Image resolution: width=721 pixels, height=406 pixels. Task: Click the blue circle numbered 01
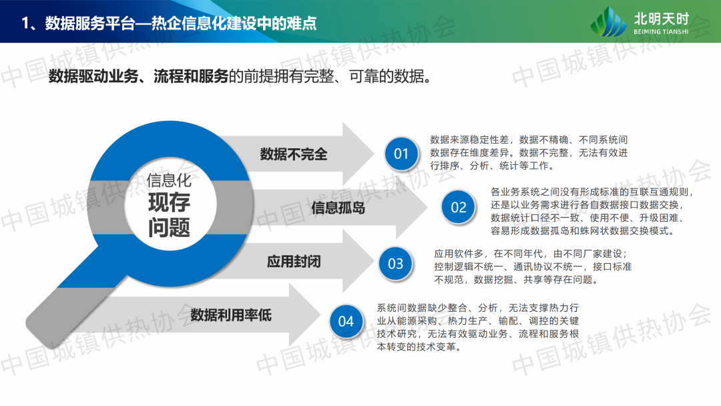pos(401,154)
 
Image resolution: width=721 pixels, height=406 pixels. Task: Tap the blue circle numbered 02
pos(459,208)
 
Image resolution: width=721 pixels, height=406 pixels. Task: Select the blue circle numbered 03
pos(395,264)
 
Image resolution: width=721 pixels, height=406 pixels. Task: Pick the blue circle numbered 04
pos(346,321)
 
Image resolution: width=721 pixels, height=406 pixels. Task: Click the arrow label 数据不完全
pos(294,154)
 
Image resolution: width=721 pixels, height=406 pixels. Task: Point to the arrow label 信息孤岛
pos(338,208)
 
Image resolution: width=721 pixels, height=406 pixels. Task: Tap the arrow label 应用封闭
pos(294,262)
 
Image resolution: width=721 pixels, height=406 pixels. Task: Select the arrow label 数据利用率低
pos(231,315)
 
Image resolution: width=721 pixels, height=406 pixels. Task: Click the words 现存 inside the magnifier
pos(169,202)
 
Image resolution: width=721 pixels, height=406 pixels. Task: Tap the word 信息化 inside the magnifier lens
pos(169,180)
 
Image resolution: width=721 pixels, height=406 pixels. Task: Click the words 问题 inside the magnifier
pos(169,228)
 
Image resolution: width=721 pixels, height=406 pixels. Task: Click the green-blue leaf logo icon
pos(608,21)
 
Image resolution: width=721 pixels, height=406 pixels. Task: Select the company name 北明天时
pos(661,19)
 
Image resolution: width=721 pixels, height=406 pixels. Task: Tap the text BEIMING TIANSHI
pos(661,32)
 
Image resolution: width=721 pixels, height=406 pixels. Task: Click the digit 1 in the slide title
pos(25,23)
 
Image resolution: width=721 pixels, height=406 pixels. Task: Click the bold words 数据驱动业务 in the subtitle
pos(94,76)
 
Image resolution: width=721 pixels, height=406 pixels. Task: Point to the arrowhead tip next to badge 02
pos(428,208)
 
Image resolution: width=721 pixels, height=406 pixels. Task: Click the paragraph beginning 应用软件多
pos(533,266)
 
